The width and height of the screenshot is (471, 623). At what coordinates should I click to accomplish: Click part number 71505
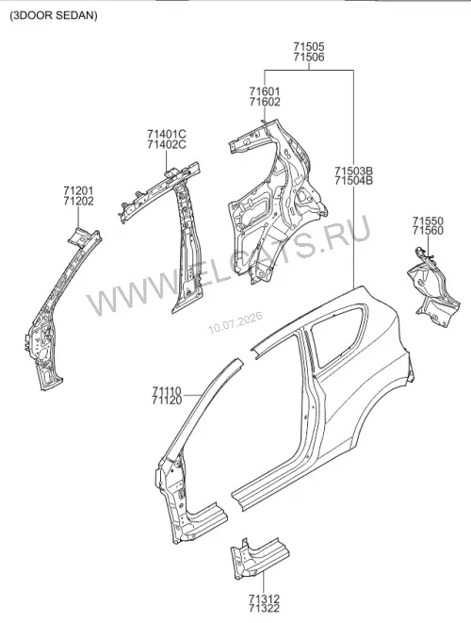click(x=309, y=47)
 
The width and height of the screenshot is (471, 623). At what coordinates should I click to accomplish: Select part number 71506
click(x=309, y=57)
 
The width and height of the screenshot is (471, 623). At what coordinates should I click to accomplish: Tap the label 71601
click(x=265, y=91)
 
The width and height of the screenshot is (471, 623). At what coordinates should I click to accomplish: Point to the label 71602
click(x=265, y=102)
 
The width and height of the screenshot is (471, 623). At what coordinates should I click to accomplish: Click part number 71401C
click(x=167, y=134)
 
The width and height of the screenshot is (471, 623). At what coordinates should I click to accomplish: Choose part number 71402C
click(x=167, y=144)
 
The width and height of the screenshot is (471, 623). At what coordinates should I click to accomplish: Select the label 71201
click(x=78, y=191)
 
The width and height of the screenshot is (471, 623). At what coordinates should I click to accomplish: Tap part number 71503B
click(x=354, y=172)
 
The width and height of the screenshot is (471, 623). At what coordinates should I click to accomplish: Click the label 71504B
click(x=354, y=181)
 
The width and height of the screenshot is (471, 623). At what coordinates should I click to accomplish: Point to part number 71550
click(x=428, y=221)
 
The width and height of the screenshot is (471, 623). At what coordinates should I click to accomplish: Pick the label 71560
click(x=428, y=231)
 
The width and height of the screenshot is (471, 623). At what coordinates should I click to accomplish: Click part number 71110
click(x=167, y=391)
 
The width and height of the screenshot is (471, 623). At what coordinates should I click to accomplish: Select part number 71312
click(x=264, y=598)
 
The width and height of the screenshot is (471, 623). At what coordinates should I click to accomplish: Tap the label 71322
click(x=264, y=608)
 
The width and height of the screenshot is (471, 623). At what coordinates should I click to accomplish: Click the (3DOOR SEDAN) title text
click(x=54, y=15)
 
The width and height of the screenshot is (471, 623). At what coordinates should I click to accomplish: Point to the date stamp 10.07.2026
click(x=235, y=322)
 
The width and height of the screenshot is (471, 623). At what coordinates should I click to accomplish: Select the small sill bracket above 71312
click(x=260, y=557)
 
